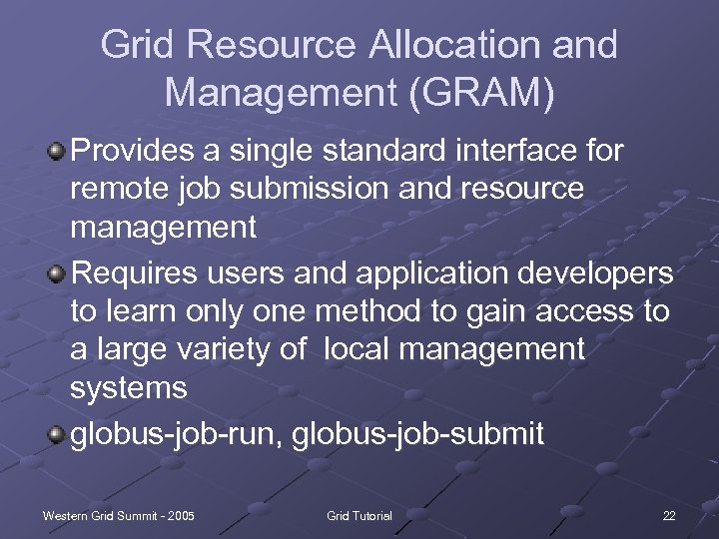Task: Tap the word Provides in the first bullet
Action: (139, 152)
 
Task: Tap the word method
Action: (354, 310)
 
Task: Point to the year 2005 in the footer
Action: (181, 515)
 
